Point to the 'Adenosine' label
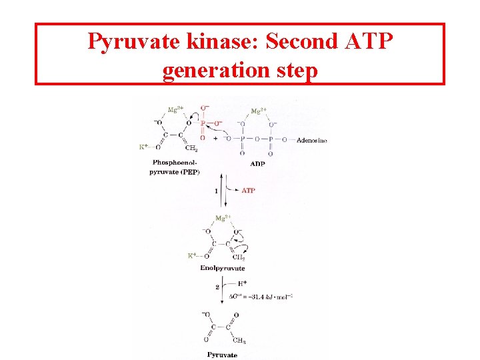tap(311, 140)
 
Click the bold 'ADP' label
tap(257, 163)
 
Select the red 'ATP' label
tap(248, 191)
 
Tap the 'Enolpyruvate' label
tap(223, 268)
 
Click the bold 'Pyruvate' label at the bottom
tap(222, 355)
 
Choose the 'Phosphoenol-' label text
tap(175, 163)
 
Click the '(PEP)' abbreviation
tap(190, 172)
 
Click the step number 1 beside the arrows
tap(216, 191)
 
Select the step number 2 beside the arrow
tap(217, 287)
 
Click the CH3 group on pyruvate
tap(238, 342)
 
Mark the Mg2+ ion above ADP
tap(258, 111)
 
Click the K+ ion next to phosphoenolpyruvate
tap(143, 147)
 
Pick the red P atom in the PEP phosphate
tap(203, 123)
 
